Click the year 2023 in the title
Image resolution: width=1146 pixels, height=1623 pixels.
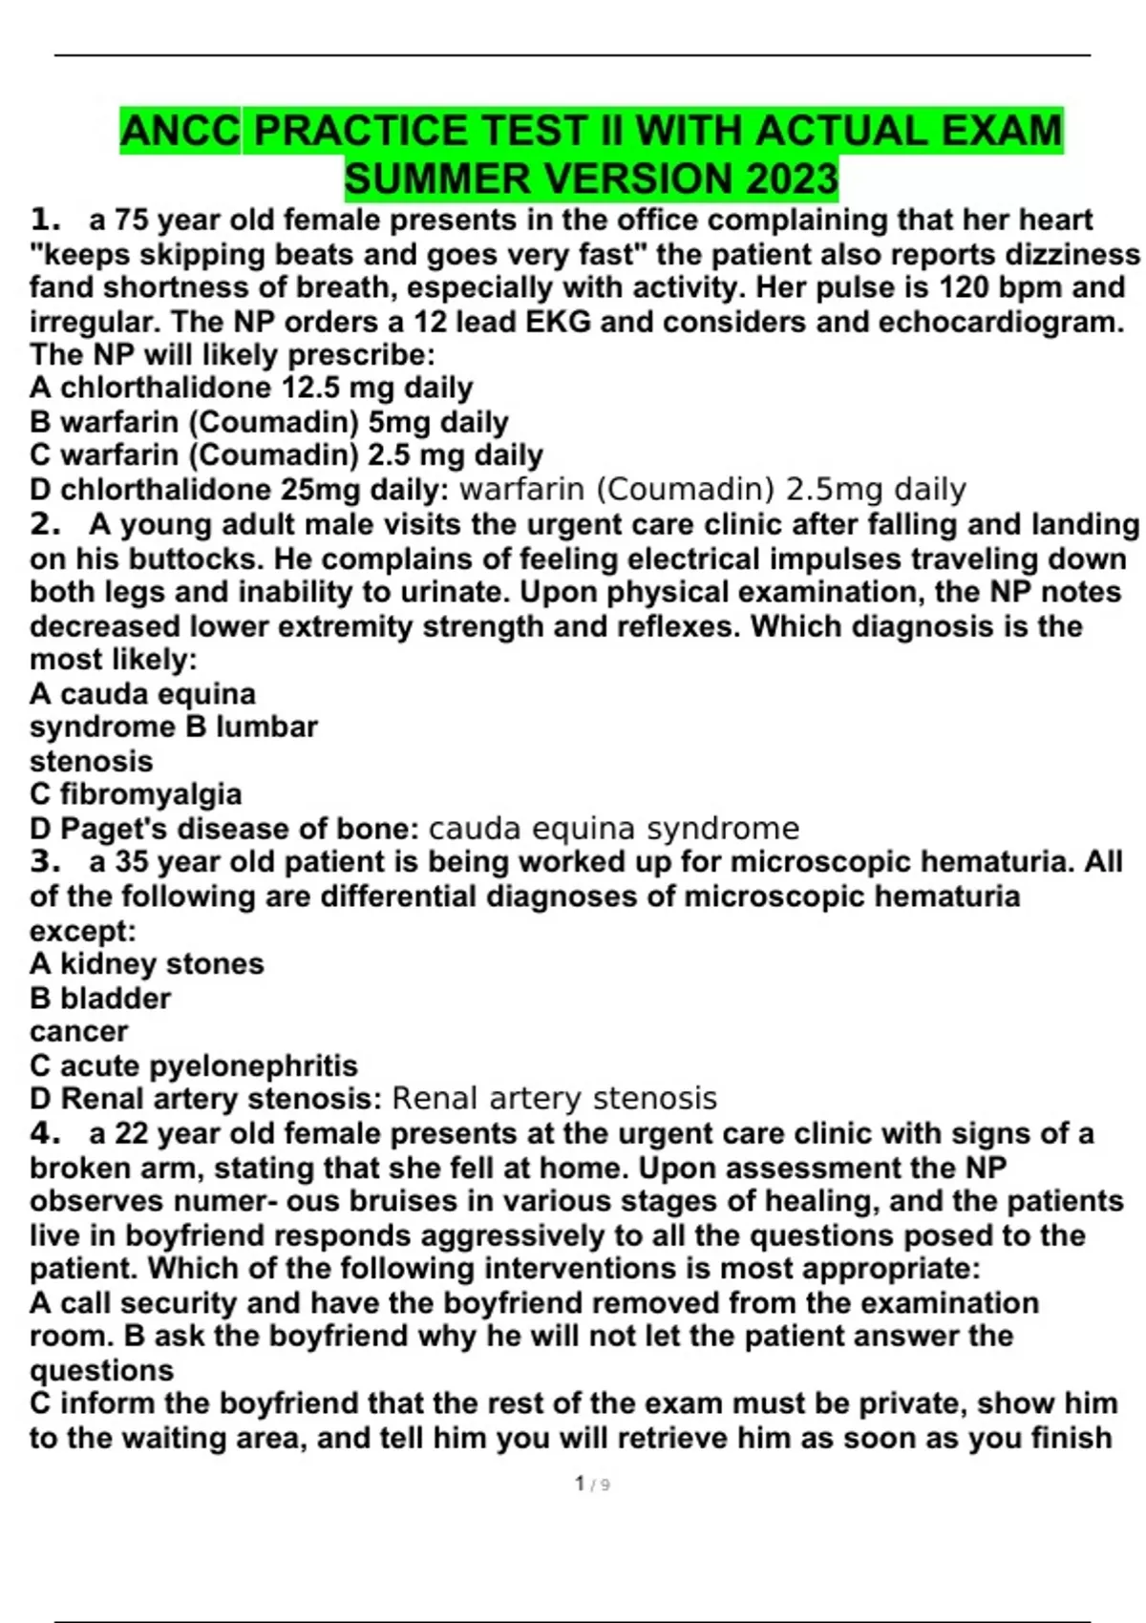coord(792,179)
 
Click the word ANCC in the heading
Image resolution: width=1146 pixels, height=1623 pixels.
coord(180,131)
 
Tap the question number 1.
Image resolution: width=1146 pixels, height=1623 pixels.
coord(44,221)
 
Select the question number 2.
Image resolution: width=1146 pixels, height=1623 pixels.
coord(44,524)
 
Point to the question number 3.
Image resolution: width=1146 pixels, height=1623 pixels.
coord(44,861)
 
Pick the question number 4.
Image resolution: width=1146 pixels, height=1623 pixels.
coord(44,1133)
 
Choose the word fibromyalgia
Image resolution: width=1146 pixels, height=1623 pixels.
coord(150,794)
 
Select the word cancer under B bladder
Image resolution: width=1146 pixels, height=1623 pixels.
coord(78,1032)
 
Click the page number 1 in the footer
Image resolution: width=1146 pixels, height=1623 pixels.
coord(580,1483)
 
